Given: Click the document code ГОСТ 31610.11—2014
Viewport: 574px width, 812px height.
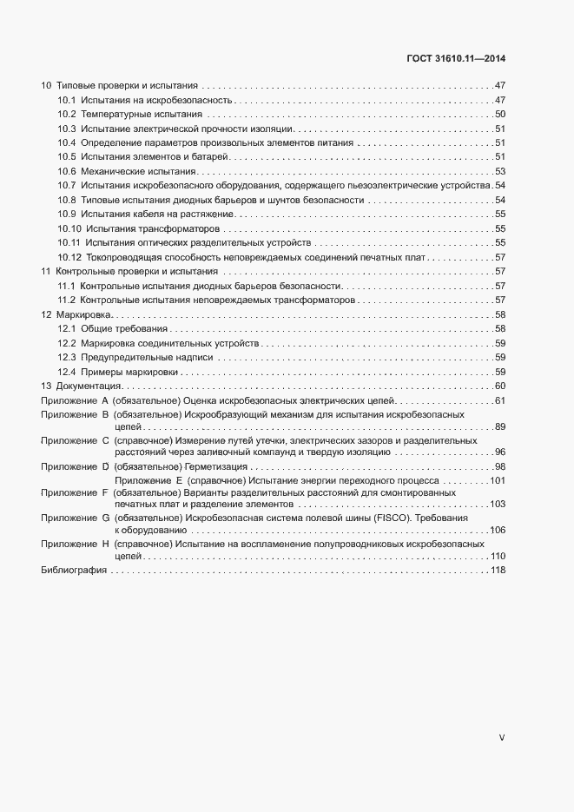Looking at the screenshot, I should coord(456,58).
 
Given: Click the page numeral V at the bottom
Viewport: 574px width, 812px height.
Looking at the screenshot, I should coord(502,737).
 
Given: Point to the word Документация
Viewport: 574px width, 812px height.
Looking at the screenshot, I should coord(90,385).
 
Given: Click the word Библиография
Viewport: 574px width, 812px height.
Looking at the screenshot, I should coord(74,570).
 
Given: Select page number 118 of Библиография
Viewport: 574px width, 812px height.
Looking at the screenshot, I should coord(498,570).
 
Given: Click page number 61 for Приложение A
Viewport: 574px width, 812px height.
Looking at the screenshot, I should coord(500,399).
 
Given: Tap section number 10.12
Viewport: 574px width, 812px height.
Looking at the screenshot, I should coord(70,257).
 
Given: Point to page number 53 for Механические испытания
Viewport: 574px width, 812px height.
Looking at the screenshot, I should coord(500,171).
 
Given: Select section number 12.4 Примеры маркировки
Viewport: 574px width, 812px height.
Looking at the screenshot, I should coord(69,371).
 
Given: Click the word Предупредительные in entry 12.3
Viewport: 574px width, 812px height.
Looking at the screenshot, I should coord(121,356).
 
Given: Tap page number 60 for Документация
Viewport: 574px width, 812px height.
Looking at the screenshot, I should coord(500,385).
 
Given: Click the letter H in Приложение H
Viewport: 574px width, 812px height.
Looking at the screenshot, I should coord(105,543).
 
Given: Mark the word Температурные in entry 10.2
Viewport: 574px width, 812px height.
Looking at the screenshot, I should coord(115,115).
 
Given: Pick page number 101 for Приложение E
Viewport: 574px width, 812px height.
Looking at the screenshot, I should coord(498,480).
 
